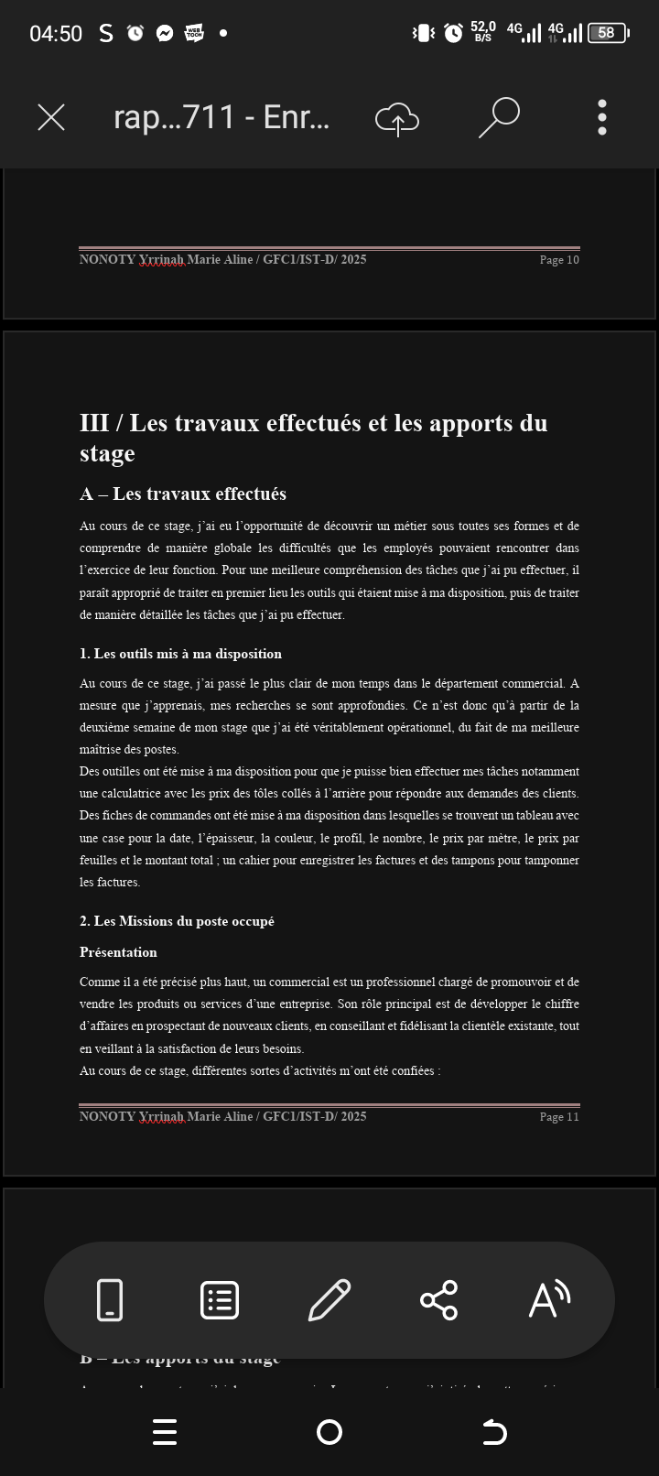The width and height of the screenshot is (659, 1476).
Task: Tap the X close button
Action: (51, 117)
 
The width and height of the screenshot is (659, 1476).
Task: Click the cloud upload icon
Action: (397, 118)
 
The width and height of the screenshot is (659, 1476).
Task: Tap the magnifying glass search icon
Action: (500, 117)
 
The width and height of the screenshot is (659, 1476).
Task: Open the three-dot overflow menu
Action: (601, 117)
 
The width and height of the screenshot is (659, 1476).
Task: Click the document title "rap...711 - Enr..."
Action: (221, 117)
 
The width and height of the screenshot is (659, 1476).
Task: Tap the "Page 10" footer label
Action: (559, 260)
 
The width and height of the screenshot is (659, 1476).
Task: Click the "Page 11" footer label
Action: (559, 1117)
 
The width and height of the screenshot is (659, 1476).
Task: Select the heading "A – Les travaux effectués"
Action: (183, 494)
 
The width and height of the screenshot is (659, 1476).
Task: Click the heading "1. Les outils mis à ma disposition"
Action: (180, 654)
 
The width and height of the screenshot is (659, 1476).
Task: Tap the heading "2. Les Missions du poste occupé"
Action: (177, 921)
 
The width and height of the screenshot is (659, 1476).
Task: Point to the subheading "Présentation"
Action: (118, 952)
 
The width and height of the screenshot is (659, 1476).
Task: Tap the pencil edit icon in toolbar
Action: (329, 1300)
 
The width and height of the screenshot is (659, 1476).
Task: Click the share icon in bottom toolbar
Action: (438, 1300)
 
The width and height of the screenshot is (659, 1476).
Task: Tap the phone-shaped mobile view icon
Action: (110, 1300)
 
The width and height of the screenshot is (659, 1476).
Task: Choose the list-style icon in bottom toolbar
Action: (220, 1300)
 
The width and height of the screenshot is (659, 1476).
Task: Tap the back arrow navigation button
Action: (494, 1432)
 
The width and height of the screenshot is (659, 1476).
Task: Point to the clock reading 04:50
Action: (56, 34)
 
